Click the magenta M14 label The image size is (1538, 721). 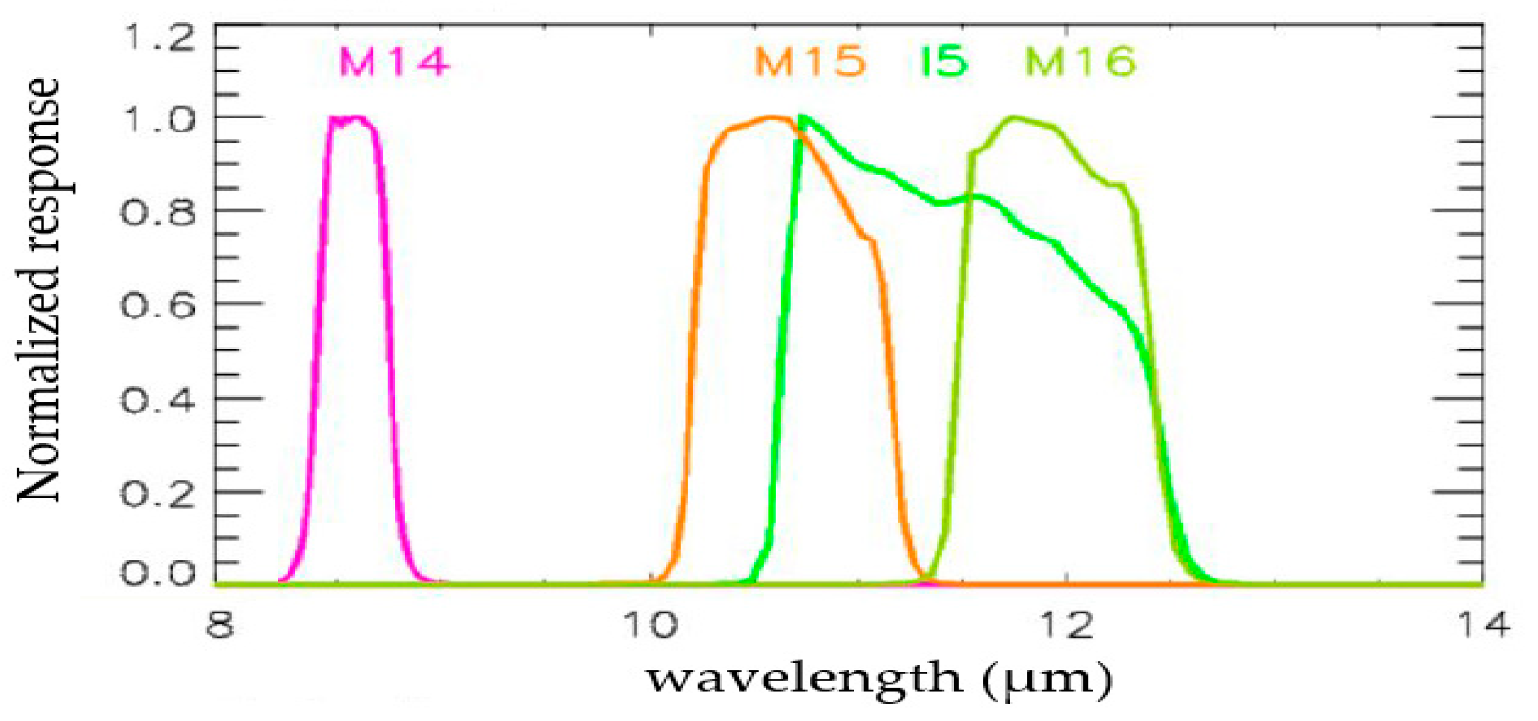click(393, 62)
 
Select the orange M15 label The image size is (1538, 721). click(810, 62)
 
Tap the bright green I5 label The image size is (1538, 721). click(944, 62)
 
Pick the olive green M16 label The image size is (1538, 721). click(1081, 62)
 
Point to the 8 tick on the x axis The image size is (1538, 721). click(219, 626)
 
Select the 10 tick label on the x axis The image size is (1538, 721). click(651, 626)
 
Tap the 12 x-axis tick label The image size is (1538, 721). click(1068, 626)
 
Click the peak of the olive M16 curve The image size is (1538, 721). click(1014, 118)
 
